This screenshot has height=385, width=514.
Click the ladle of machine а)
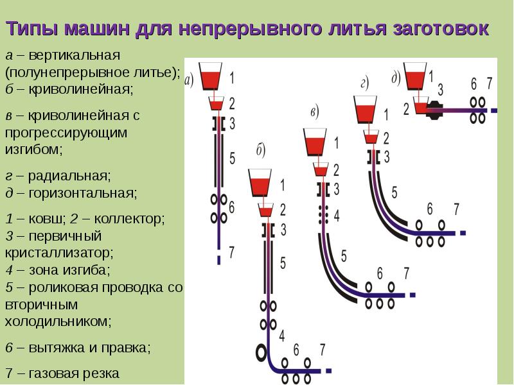coord(210,76)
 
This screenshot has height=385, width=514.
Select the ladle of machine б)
coord(260,183)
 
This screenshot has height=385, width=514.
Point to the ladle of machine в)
coord(315,142)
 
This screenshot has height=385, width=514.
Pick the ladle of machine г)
coord(365,109)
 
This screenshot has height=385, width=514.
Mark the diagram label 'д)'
coord(396,77)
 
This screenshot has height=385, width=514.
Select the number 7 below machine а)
coord(231,251)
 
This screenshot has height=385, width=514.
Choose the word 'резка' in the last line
coord(102,373)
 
